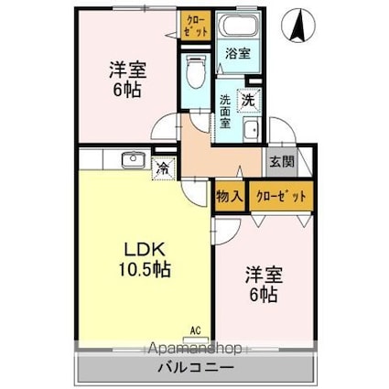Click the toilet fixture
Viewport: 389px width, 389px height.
(x=194, y=68)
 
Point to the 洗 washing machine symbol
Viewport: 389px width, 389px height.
(x=248, y=99)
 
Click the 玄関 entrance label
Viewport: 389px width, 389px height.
(x=281, y=162)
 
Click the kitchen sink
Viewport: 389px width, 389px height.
(x=134, y=162)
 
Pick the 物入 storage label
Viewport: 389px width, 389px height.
(x=230, y=196)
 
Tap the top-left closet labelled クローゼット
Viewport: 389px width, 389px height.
(x=195, y=24)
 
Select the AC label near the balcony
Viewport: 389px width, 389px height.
(x=195, y=330)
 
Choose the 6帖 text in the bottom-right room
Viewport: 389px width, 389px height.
(x=264, y=295)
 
